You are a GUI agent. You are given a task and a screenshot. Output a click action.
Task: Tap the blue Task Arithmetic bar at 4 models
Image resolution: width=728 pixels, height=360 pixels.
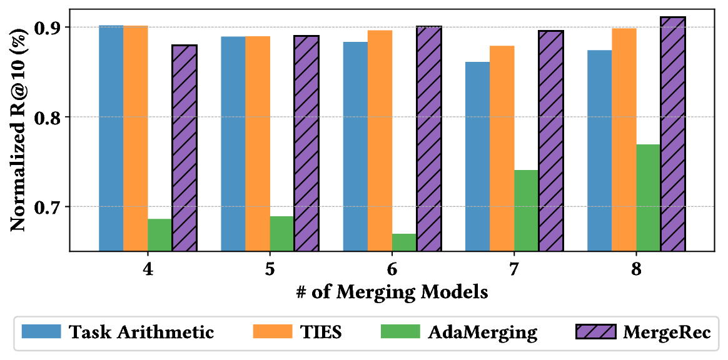coord(111,138)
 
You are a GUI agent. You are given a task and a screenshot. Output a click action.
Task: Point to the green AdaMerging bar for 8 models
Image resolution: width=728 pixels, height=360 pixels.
coord(649,197)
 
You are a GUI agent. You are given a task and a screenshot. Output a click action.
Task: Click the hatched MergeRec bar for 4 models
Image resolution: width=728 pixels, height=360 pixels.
coord(185,148)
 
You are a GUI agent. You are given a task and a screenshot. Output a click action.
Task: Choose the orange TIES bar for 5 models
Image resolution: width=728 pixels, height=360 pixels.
coord(258,144)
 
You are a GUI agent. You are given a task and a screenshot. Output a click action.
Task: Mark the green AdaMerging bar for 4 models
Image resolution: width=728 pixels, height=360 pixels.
coord(160,235)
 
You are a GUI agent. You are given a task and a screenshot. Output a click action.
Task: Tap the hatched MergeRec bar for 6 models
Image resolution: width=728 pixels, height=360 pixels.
coord(429,139)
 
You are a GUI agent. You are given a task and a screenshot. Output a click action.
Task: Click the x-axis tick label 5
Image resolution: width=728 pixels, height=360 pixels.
coord(270,270)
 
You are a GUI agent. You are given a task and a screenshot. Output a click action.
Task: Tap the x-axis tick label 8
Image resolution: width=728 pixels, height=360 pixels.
coord(637,270)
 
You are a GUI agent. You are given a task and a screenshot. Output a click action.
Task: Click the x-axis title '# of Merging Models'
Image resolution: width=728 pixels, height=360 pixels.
coord(392,291)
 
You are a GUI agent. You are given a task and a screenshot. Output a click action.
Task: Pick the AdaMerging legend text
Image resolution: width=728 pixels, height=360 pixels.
coord(482,332)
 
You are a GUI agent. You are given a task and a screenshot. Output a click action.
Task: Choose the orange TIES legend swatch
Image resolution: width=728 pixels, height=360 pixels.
coord(272,331)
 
